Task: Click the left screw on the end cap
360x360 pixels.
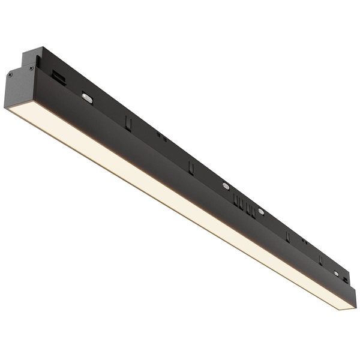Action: tap(10, 74)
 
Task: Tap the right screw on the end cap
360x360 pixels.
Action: tap(31, 68)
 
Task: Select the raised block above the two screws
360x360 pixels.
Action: tap(32, 56)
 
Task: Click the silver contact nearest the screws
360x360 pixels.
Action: tap(88, 98)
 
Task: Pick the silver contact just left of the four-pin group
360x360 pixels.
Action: tap(226, 186)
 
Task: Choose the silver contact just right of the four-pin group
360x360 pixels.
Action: tap(261, 211)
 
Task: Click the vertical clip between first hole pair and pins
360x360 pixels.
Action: tap(191, 167)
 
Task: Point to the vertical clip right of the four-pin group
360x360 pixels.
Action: tap(287, 236)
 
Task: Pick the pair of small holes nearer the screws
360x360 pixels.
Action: tap(161, 136)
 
